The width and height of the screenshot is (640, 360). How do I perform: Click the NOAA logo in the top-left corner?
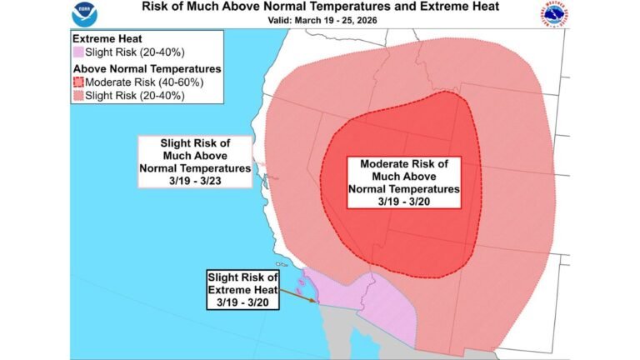[84, 15]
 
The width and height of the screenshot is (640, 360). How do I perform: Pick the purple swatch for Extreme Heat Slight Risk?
[80, 52]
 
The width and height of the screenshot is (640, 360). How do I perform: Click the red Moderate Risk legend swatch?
[80, 82]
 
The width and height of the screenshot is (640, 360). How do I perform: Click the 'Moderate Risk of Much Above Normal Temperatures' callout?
[402, 182]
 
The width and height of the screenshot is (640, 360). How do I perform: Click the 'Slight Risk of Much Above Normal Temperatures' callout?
[195, 162]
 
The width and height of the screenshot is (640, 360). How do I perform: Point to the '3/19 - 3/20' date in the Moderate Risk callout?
[403, 201]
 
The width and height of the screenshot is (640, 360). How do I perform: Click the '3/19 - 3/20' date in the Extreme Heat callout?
[243, 302]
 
